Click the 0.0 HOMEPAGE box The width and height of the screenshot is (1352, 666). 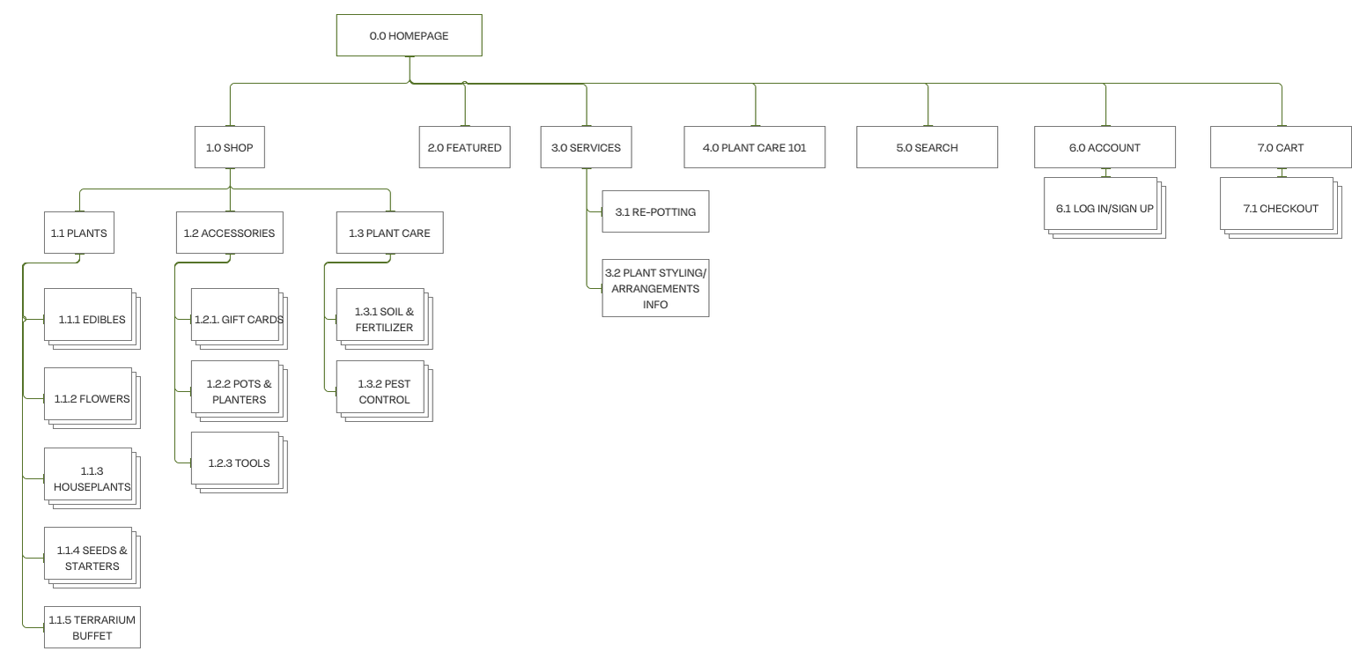tap(410, 35)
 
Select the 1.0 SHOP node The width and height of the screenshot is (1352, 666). tap(229, 147)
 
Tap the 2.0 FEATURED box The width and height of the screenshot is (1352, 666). tap(465, 147)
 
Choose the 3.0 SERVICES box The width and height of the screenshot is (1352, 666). tap(586, 147)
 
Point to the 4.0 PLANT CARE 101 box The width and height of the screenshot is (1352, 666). tap(755, 147)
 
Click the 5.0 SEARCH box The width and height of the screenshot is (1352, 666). tap(927, 147)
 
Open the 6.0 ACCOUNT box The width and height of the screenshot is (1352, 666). tap(1105, 147)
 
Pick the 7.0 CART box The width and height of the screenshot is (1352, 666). tap(1281, 147)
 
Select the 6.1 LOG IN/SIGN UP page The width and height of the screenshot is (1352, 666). tap(1105, 208)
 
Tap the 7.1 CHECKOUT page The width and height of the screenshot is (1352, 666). tap(1281, 208)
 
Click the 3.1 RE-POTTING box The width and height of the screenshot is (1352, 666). tap(655, 212)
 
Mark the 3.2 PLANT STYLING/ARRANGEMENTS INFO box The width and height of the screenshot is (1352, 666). tap(655, 289)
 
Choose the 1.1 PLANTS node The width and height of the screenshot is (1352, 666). tap(79, 233)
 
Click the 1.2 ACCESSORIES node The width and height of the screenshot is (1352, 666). tap(229, 233)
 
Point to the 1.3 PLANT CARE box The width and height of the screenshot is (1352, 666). tap(390, 233)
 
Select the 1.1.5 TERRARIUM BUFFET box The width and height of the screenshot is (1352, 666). tap(92, 628)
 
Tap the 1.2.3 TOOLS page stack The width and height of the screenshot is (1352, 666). tap(239, 463)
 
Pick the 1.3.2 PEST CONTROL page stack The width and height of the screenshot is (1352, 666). tap(385, 392)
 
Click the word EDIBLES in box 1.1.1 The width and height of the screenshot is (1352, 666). tap(104, 320)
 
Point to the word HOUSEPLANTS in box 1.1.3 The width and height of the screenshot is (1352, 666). tap(92, 486)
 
